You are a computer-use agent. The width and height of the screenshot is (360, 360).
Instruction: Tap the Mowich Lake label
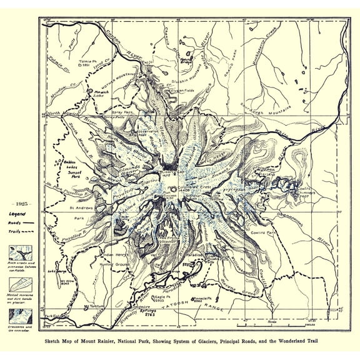click(102, 92)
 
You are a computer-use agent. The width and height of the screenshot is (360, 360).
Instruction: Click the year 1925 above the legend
click(21, 204)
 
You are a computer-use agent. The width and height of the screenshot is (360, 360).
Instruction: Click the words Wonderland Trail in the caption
click(290, 342)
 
